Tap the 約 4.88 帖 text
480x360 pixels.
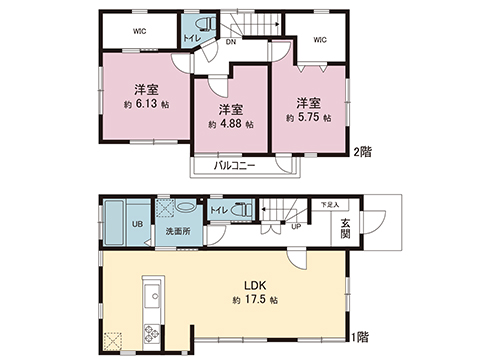click(231, 125)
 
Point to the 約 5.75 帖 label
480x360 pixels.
click(308, 118)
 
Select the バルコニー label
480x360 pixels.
click(236, 165)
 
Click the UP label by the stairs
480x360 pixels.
click(296, 226)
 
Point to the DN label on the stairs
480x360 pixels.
click(229, 43)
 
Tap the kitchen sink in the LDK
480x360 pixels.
click(153, 296)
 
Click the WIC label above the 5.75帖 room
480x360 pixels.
click(319, 39)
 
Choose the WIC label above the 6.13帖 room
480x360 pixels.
click(140, 31)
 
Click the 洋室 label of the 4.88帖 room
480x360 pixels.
click(231, 108)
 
